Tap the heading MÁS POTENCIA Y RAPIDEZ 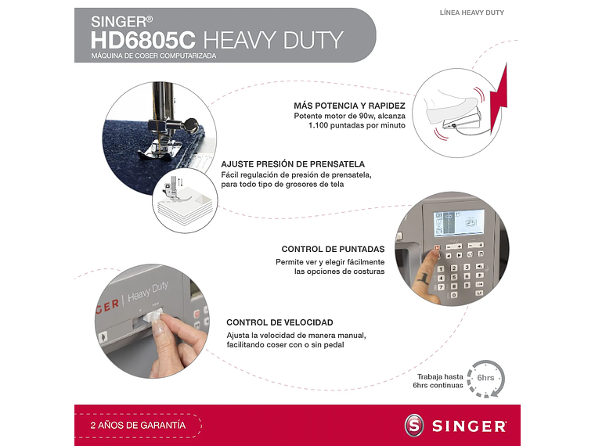coord(349,105)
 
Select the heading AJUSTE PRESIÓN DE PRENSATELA coord(293,164)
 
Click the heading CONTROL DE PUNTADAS coord(333,249)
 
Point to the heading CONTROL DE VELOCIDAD coord(279,322)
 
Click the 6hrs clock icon coord(485,378)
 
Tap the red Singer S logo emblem coord(414,426)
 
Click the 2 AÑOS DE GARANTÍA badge coord(139,425)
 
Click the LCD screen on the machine coord(459,222)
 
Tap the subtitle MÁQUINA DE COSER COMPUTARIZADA coord(153,56)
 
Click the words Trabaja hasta coord(440,376)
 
